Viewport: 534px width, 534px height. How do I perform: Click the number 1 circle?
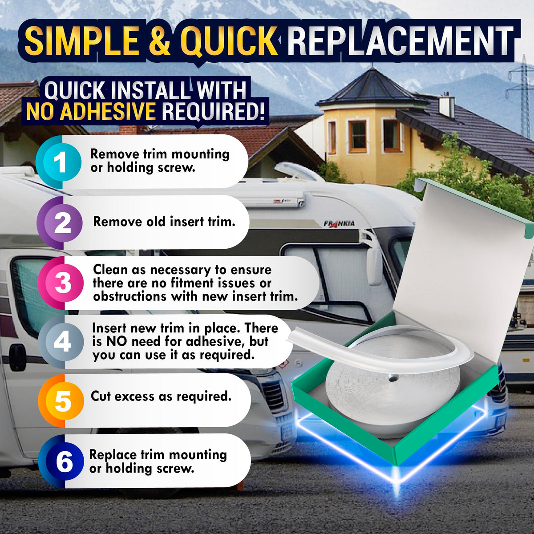(58, 162)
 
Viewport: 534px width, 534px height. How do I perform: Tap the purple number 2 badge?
(60, 223)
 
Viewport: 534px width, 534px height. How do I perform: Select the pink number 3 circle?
(61, 283)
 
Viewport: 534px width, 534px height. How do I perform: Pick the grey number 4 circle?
(61, 342)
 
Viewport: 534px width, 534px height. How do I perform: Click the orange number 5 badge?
(61, 401)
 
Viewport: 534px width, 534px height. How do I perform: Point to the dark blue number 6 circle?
(61, 462)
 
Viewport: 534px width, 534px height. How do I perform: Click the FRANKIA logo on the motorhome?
(339, 224)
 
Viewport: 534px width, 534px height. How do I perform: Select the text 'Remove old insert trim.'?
(164, 222)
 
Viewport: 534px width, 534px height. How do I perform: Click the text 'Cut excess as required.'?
(161, 396)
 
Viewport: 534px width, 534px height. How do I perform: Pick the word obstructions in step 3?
(130, 296)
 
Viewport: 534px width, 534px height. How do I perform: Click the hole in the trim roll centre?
(393, 378)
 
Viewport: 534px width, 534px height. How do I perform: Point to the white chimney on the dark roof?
(447, 104)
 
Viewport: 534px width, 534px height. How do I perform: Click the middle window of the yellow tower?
(358, 136)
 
